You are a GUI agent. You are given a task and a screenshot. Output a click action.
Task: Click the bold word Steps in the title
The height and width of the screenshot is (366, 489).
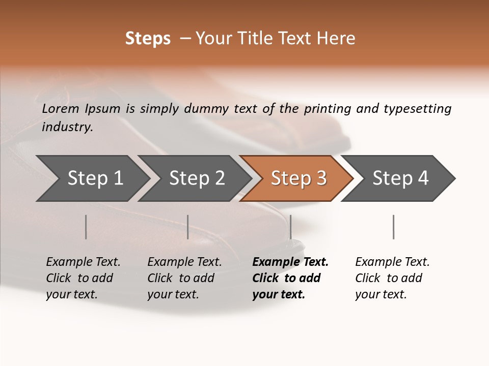[x=148, y=39]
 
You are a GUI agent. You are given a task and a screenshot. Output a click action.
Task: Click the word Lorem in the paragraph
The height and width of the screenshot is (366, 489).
[x=61, y=109]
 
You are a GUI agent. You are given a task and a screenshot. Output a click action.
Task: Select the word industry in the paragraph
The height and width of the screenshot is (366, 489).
[x=67, y=127]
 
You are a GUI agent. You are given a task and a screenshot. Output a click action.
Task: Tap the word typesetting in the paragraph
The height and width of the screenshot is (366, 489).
[x=417, y=109]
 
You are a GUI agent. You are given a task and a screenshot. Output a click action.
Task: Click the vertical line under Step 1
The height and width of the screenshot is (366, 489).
[x=86, y=227]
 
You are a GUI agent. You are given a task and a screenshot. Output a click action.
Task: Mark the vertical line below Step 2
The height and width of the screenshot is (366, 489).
[x=188, y=227]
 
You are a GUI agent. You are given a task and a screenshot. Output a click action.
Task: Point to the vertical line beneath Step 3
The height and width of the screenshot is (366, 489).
[x=290, y=227]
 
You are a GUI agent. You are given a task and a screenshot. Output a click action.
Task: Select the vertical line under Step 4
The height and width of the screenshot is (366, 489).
[x=393, y=227]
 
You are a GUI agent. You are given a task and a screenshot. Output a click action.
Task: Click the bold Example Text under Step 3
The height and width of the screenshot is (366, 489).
[x=289, y=278]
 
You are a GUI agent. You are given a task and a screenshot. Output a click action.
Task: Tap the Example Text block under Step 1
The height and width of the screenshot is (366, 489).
[x=83, y=278]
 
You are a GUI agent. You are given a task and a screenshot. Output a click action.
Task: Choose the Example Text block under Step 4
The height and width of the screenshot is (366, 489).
[x=392, y=278]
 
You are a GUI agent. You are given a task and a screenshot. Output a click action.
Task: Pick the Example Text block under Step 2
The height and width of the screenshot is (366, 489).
[x=184, y=278]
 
